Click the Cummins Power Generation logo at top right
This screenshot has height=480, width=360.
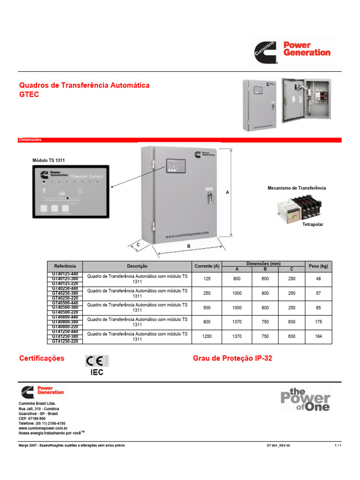coord(292,52)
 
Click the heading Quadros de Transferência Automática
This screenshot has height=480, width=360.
coord(84,85)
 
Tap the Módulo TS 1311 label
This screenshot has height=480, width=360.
coord(48,160)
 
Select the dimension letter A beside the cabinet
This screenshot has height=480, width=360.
coord(227,193)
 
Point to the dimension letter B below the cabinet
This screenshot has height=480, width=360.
coord(188,245)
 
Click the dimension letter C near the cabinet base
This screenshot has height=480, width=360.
coord(138,244)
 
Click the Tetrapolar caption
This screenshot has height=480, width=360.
coord(313,225)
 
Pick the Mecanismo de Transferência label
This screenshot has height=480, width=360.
coord(296,188)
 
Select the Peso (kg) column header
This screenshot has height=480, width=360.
coord(318,266)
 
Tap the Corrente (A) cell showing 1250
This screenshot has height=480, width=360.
coord(207,337)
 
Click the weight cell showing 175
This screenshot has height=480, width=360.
coord(318,322)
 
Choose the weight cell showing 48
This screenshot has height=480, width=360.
coord(318,279)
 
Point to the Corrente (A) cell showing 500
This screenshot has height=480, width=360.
coord(207,307)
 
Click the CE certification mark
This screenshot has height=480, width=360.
coord(97,361)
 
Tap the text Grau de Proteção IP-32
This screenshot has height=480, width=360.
coord(232,359)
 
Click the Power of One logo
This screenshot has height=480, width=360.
coord(305,399)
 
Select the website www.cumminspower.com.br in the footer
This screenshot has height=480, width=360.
coord(43,428)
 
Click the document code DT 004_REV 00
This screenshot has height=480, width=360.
coord(278,445)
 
